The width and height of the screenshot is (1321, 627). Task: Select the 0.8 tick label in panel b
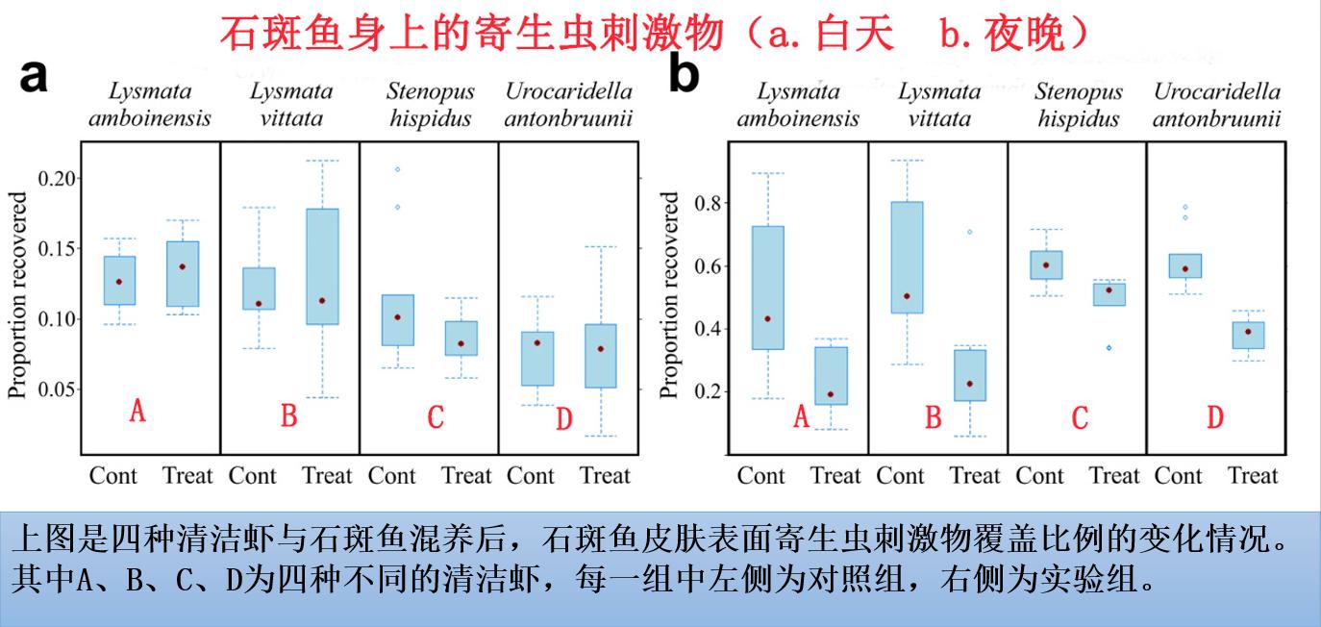tap(710, 203)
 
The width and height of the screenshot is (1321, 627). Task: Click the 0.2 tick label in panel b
tap(710, 392)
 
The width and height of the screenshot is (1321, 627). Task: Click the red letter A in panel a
tap(137, 413)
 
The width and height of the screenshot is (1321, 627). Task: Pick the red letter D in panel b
tap(1215, 417)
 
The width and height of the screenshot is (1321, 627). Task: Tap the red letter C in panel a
tap(435, 417)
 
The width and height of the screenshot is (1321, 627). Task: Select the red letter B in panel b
tap(933, 417)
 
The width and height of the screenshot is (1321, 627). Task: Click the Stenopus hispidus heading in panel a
tap(431, 106)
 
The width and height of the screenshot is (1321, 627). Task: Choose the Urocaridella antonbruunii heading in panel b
tap(1216, 106)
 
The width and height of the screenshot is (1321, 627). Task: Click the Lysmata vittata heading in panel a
tap(291, 106)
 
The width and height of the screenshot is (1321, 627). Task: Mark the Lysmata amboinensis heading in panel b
tap(798, 106)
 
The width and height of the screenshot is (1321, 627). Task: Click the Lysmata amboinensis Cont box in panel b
tap(767, 288)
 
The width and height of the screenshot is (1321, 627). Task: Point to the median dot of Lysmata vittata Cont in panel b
tap(907, 296)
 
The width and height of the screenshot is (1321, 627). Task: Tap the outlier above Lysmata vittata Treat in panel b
tap(969, 232)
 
